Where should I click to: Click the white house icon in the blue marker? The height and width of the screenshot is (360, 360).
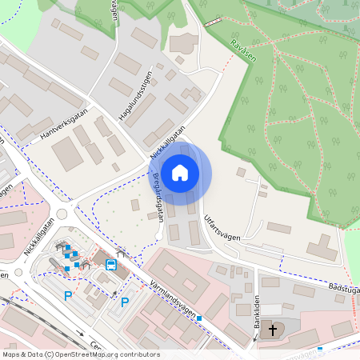coord(180,172)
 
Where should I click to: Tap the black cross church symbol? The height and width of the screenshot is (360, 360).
coord(273,330)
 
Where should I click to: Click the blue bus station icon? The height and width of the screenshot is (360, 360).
coord(111,263)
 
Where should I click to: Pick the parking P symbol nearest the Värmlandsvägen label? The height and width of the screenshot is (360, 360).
coord(125,302)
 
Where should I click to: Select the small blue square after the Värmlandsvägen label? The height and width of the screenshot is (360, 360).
coord(199,318)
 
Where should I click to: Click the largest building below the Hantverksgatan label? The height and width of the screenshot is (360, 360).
coord(68,154)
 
